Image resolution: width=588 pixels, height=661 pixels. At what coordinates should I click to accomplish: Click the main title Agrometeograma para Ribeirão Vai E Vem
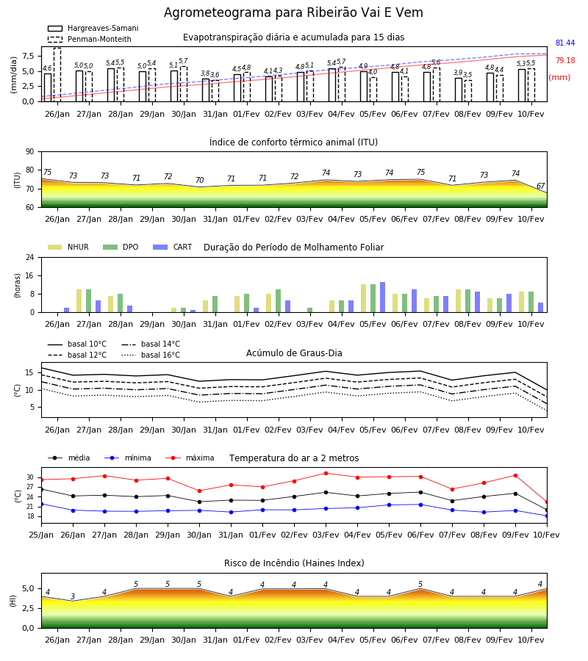293,12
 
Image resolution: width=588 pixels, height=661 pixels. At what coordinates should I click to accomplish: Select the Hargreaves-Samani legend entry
93,28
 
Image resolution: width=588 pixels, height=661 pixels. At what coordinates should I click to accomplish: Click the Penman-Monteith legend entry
90,39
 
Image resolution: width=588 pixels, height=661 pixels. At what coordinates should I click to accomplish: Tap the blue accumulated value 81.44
565,43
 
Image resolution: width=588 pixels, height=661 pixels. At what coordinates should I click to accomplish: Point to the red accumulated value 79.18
565,61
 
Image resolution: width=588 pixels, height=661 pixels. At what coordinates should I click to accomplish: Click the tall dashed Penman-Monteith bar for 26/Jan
57,75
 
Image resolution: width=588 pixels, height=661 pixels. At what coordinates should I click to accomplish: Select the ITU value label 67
540,186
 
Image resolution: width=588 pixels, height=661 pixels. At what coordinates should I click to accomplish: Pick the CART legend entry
173,247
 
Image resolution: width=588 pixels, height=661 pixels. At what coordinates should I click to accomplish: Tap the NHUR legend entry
68,247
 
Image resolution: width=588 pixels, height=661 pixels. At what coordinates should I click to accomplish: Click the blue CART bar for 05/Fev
383,297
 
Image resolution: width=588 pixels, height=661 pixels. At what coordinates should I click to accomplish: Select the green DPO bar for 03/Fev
310,310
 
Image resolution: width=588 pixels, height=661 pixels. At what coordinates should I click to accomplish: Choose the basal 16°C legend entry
151,355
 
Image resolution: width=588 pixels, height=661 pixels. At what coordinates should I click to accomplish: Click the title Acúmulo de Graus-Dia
294,353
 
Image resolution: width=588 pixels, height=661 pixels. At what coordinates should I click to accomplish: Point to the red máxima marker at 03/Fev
326,474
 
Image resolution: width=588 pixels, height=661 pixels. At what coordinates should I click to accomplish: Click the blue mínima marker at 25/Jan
41,504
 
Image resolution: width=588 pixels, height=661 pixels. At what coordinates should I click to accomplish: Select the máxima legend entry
190,458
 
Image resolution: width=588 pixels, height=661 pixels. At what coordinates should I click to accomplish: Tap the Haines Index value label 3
73,596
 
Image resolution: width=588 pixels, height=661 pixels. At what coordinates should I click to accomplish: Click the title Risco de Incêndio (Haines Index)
294,563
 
